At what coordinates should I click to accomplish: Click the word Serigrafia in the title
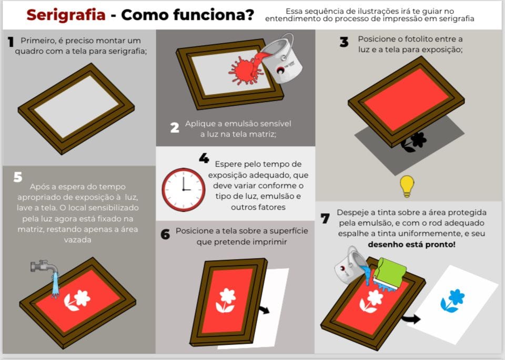pos(66,15)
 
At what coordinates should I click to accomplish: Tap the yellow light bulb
pos(407,186)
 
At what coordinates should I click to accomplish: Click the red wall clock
pos(183,190)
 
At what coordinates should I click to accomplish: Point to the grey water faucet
pos(44,266)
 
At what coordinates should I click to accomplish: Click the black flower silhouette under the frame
pos(415,142)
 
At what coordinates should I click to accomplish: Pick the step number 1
pos(11,42)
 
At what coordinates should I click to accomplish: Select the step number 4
pos(204,158)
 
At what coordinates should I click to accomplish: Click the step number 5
pos(18,177)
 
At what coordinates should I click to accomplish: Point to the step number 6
pos(165,234)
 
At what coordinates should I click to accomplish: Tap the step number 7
pos(325,219)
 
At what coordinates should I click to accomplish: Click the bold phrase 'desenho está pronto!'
pos(411,244)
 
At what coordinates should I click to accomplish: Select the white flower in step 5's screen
pos(77,300)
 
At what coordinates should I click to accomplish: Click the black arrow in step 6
pos(265,310)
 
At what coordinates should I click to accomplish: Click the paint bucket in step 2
pos(280,59)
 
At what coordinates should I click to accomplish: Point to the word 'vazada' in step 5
pos(78,240)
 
